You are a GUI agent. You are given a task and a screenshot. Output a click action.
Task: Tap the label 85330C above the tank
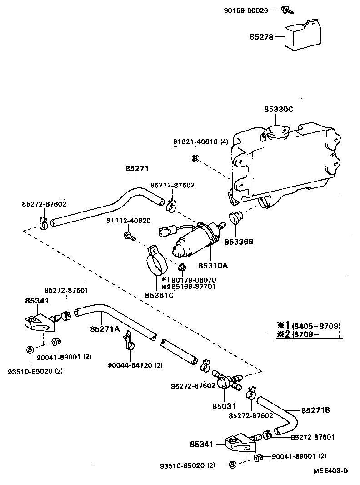278,110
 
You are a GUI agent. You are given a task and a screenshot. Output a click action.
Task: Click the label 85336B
238,242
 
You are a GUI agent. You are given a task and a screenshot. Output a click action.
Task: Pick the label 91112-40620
128,221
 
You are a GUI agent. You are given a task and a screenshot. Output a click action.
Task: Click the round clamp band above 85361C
155,264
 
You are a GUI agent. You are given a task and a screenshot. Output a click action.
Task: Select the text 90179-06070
194,280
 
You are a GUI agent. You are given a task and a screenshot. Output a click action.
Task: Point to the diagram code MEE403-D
330,471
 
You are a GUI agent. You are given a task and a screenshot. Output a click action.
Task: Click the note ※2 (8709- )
309,334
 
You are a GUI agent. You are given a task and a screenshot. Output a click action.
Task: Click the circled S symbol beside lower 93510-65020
232,465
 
